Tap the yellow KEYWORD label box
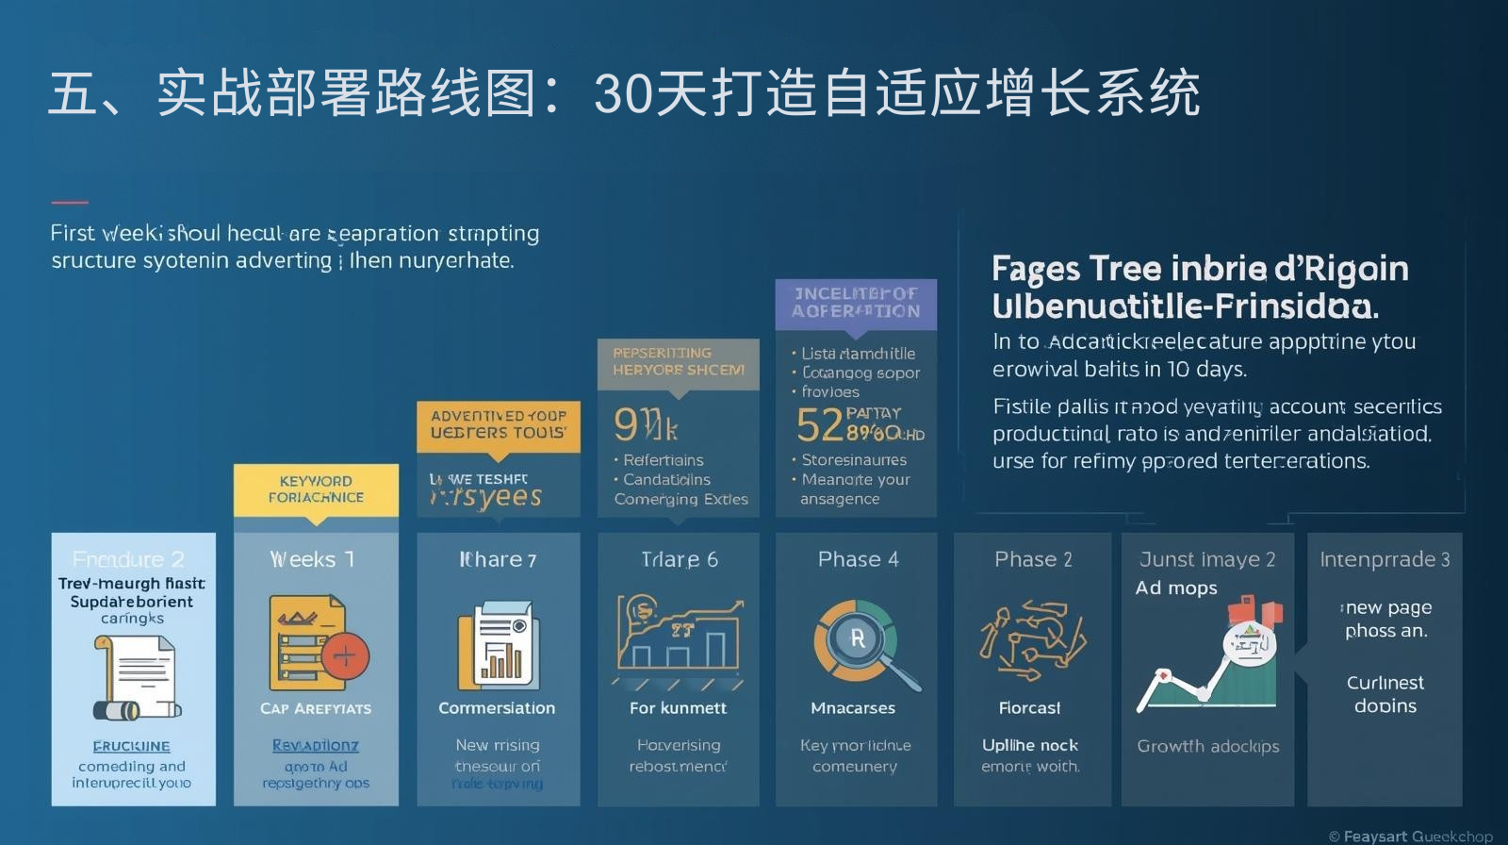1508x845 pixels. (x=316, y=489)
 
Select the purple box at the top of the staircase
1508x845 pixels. (x=856, y=304)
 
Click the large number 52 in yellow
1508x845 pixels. (x=819, y=426)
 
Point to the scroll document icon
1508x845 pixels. (x=136, y=677)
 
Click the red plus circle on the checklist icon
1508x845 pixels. (x=345, y=656)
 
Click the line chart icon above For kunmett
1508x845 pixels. (x=679, y=641)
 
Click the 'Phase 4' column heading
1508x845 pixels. (x=858, y=559)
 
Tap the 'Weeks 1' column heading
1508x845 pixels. (x=313, y=559)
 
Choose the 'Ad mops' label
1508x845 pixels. (x=1176, y=588)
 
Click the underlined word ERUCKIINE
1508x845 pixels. (x=132, y=746)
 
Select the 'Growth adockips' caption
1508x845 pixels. (x=1208, y=746)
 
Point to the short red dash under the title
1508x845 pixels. (x=69, y=202)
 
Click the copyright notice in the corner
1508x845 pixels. (x=1410, y=836)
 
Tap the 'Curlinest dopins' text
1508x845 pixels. (x=1385, y=694)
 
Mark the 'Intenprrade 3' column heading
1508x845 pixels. (x=1385, y=559)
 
